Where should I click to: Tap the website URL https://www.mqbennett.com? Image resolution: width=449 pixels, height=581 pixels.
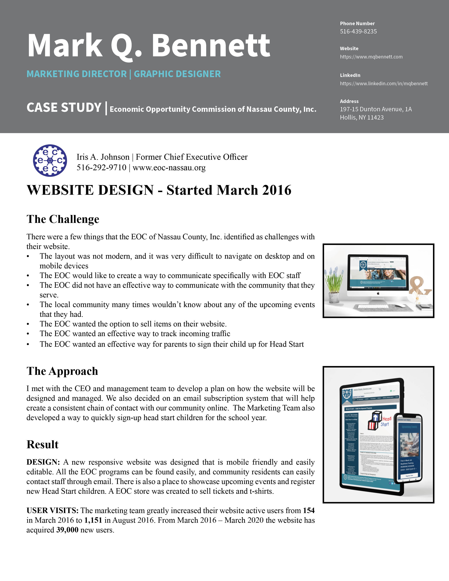[371, 57]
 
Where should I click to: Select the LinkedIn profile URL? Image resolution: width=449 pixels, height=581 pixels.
[383, 83]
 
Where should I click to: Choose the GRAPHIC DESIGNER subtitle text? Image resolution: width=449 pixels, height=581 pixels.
[177, 74]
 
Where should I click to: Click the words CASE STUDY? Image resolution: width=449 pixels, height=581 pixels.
[64, 108]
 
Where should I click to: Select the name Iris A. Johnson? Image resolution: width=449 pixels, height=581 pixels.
[103, 157]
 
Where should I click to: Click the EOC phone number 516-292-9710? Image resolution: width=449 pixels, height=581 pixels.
[101, 168]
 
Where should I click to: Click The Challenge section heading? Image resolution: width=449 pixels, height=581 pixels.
[63, 219]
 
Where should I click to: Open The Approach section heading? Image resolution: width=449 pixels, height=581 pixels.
[62, 371]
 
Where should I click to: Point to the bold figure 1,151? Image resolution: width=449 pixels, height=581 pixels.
[93, 520]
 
